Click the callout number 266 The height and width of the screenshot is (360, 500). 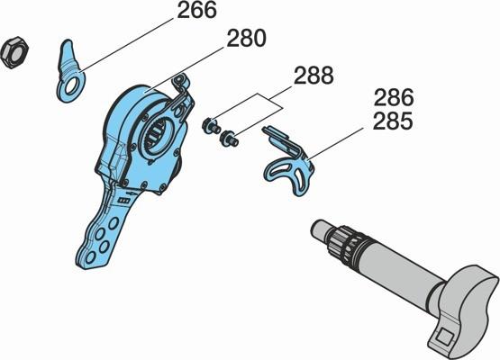[x=196, y=11]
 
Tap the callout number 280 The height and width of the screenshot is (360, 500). [x=246, y=38]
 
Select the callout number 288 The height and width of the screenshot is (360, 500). [x=314, y=76]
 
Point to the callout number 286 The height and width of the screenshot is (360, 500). [x=394, y=97]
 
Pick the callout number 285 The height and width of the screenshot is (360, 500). [x=393, y=121]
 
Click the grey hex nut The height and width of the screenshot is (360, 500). [x=14, y=52]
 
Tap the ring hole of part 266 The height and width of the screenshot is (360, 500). [x=73, y=85]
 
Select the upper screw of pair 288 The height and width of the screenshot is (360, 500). [x=211, y=125]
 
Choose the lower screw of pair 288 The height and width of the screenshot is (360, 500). [x=229, y=138]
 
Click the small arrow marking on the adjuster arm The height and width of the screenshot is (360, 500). [x=132, y=193]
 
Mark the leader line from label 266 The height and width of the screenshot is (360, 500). [x=127, y=45]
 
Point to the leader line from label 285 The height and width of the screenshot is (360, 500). [x=336, y=143]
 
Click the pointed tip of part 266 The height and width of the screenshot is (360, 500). [x=68, y=41]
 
